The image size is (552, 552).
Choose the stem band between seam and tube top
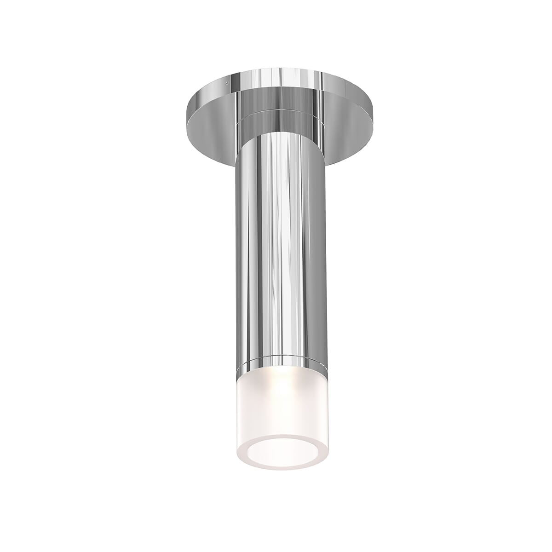276,120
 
